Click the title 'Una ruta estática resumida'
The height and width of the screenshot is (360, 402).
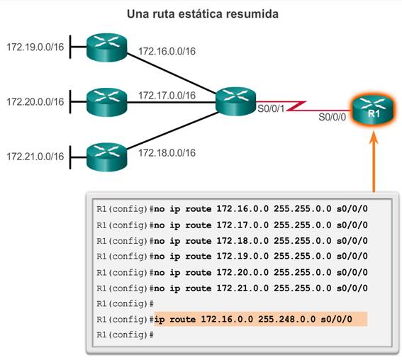point(203,14)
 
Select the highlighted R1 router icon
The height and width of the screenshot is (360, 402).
point(372,110)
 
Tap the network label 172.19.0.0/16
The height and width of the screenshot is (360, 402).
point(35,47)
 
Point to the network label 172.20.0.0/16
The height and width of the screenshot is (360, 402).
point(35,102)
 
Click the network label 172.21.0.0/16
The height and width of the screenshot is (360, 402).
point(35,157)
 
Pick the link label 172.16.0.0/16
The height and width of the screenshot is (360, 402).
point(167,51)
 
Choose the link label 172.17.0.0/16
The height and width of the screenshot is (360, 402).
point(167,96)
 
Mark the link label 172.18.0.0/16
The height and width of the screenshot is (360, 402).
point(167,153)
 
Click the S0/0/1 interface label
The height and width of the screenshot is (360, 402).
point(271,109)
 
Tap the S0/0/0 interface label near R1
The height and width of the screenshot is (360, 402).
point(333,117)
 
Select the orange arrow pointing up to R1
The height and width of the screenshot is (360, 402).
point(374,162)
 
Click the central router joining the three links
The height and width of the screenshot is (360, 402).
point(235,101)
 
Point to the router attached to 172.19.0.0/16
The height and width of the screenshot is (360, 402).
point(106,47)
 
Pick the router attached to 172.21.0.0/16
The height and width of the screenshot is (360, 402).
point(106,157)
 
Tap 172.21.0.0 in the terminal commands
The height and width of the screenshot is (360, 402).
point(242,288)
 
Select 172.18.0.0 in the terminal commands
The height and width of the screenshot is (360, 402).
point(242,241)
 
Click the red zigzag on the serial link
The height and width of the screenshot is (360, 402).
point(296,106)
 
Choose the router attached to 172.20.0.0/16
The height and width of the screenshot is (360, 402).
point(106,102)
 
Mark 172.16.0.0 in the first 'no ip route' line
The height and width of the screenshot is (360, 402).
point(242,209)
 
